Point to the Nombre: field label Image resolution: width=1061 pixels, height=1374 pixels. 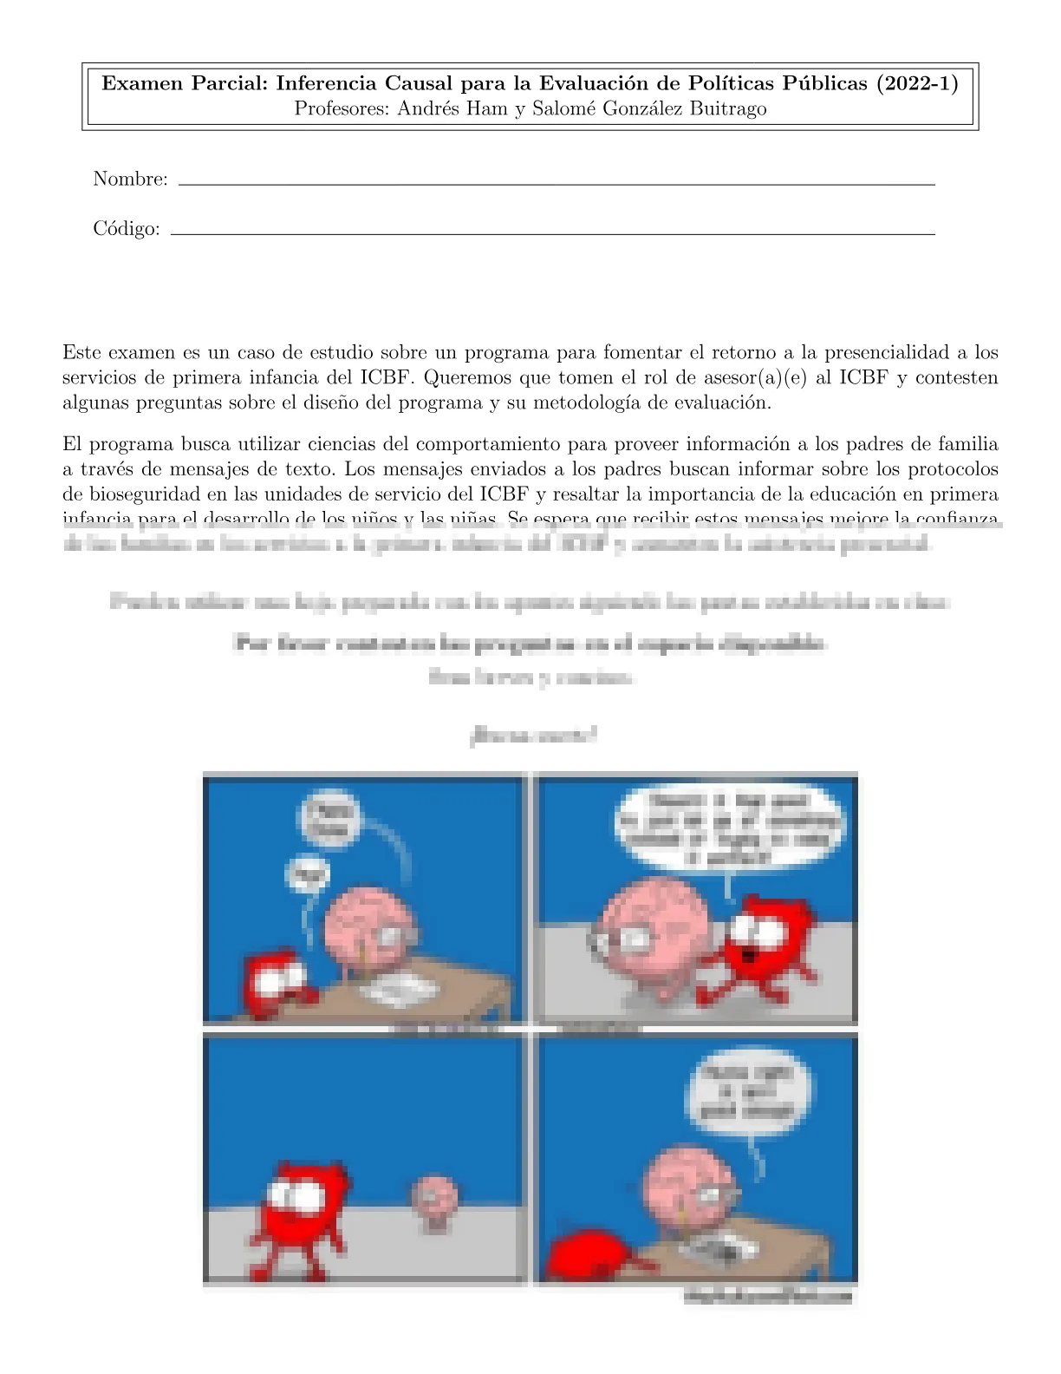click(x=130, y=180)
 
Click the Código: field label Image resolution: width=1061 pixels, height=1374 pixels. click(x=127, y=229)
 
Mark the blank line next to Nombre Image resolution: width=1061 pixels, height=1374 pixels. click(x=555, y=184)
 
